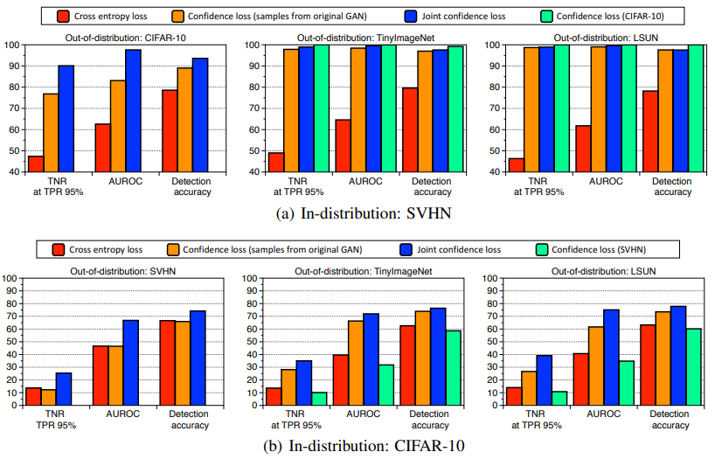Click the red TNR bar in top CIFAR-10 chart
36,163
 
